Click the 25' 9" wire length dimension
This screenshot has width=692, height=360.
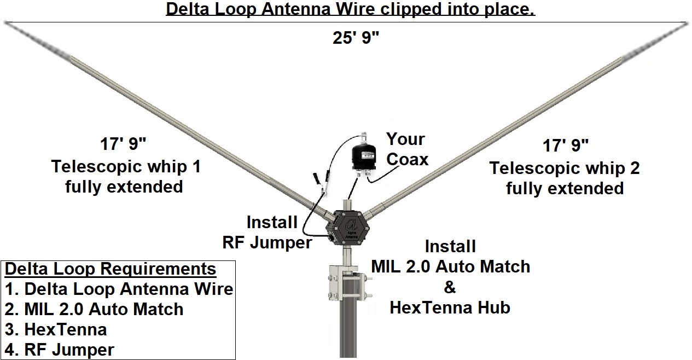click(x=356, y=39)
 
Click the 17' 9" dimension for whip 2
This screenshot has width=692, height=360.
click(x=566, y=146)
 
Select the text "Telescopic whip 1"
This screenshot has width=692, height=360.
click(x=126, y=166)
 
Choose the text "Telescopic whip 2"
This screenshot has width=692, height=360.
click(x=565, y=167)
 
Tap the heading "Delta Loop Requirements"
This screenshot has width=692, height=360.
click(x=110, y=269)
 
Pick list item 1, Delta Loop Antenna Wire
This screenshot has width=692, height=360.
click(x=119, y=289)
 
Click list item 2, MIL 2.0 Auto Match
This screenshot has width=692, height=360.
click(x=94, y=309)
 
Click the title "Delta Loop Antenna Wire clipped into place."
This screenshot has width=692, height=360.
click(x=350, y=10)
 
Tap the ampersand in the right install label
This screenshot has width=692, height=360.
click(x=450, y=287)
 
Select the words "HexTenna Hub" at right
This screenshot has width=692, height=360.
click(x=450, y=307)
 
